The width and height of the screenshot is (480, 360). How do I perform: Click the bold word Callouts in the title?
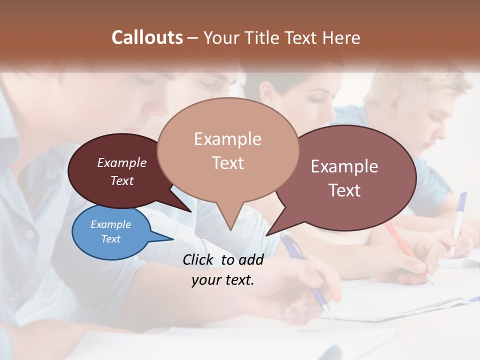click(147, 37)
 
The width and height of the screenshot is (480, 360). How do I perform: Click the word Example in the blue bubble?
click(110, 224)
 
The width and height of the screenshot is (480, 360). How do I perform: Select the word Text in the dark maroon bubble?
click(122, 180)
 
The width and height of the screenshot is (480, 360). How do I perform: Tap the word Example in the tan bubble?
click(227, 139)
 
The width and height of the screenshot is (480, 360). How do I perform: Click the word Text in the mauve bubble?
click(344, 190)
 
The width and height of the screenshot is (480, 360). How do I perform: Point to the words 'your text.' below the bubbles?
click(222, 280)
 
